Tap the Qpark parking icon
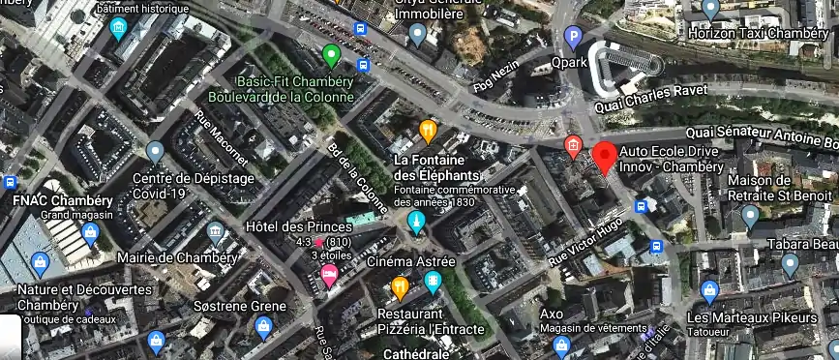coord(573,39)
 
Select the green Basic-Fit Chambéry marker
coord(331,54)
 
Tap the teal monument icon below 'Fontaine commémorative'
coord(416,224)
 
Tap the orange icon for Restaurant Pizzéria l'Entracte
coord(400,286)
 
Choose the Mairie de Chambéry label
coord(176,258)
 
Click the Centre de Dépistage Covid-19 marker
coord(155,152)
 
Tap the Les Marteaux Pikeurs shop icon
coord(709,291)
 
